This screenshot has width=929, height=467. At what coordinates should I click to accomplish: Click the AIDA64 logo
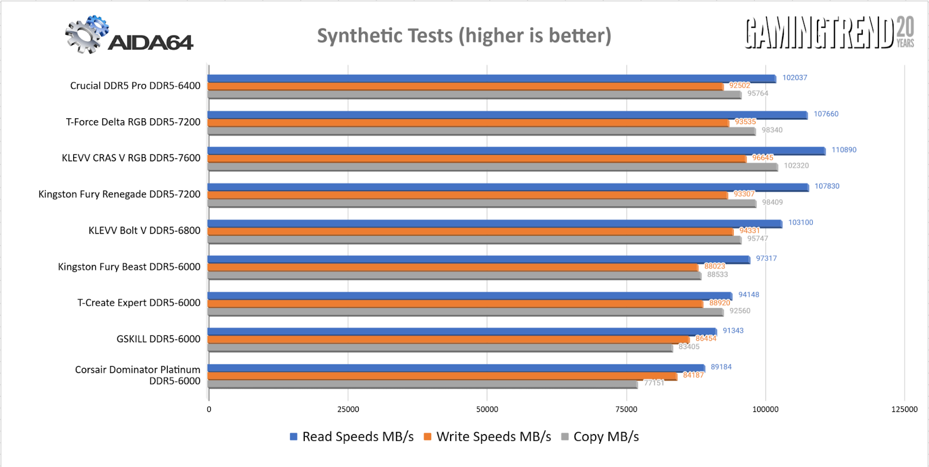pyautogui.click(x=129, y=36)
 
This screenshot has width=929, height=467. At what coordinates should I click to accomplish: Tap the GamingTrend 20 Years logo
pyautogui.click(x=829, y=33)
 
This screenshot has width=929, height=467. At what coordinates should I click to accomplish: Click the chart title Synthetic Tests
pyautogui.click(x=464, y=36)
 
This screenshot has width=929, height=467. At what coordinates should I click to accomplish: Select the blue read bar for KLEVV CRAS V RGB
pyautogui.click(x=516, y=151)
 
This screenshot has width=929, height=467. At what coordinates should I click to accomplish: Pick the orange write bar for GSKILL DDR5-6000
pyautogui.click(x=448, y=339)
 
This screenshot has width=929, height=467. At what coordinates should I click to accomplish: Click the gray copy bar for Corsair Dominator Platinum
pyautogui.click(x=423, y=384)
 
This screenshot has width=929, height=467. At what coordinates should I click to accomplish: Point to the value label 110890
pyautogui.click(x=844, y=150)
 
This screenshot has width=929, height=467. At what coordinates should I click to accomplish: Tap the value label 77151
pyautogui.click(x=654, y=383)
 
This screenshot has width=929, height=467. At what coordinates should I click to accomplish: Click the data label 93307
pyautogui.click(x=744, y=194)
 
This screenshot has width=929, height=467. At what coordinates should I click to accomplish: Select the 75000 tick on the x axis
pyautogui.click(x=626, y=409)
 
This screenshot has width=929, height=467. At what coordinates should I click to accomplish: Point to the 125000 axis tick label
pyautogui.click(x=904, y=409)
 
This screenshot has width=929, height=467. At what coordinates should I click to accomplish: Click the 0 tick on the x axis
pyautogui.click(x=209, y=409)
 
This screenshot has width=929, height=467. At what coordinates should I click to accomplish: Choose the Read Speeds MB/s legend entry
pyautogui.click(x=352, y=437)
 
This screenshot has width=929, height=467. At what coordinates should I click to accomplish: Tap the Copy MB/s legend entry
pyautogui.click(x=600, y=437)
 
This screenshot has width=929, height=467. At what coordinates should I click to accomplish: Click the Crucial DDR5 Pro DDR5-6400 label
pyautogui.click(x=135, y=86)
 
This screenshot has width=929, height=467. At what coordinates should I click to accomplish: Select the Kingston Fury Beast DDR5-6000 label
pyautogui.click(x=129, y=267)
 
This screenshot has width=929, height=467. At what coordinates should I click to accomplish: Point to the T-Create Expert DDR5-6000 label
pyautogui.click(x=139, y=303)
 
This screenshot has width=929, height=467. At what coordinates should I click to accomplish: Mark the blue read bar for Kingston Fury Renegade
pyautogui.click(x=508, y=187)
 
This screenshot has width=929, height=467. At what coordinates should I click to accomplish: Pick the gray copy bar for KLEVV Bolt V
pyautogui.click(x=474, y=240)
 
